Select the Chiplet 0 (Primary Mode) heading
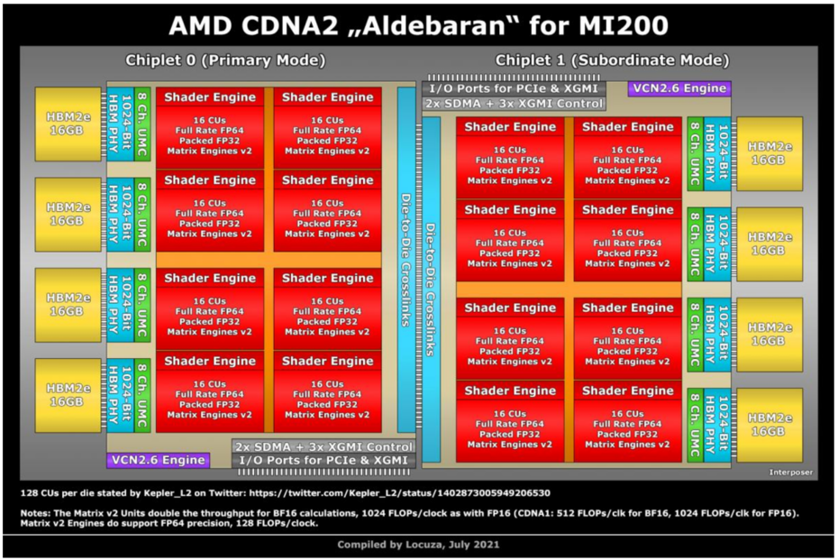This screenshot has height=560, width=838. click(225, 61)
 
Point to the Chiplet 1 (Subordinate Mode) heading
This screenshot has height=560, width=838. click(612, 61)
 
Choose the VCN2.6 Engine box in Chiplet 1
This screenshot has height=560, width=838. click(679, 88)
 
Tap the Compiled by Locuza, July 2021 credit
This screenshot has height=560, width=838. click(418, 545)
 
